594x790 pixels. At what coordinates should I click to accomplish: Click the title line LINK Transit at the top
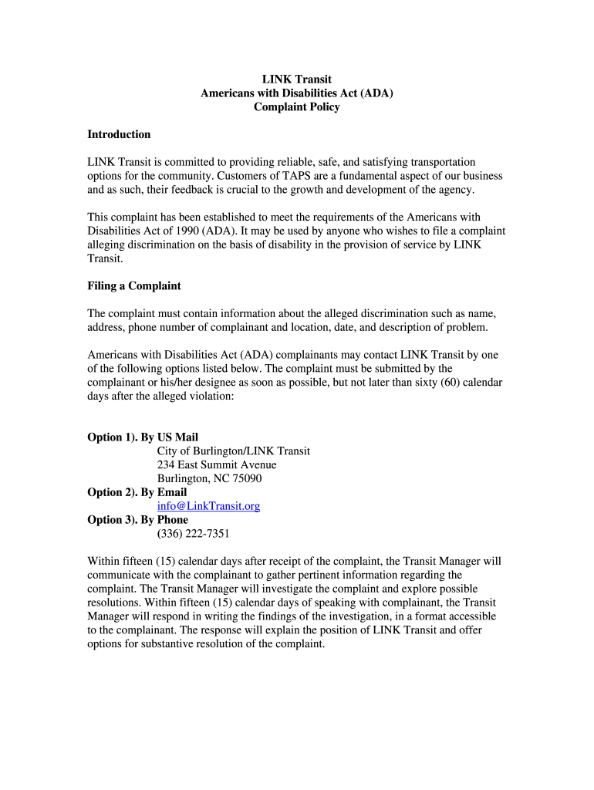click(x=297, y=79)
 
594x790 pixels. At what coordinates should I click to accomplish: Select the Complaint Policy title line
click(x=297, y=107)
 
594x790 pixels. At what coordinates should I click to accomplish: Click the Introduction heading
click(x=119, y=135)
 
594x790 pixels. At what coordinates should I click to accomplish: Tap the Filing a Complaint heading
click(x=134, y=286)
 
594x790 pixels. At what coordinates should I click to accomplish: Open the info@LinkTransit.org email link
click(x=208, y=506)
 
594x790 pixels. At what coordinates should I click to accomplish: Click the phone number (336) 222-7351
click(x=193, y=534)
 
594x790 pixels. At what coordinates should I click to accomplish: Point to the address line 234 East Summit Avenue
click(x=217, y=465)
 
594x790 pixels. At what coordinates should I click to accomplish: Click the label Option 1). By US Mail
click(x=143, y=437)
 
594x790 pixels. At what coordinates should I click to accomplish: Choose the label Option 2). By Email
click(x=137, y=492)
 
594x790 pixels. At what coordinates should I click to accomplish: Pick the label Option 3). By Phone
click(x=138, y=520)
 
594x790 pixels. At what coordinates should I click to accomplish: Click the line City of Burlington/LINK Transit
click(x=234, y=451)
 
